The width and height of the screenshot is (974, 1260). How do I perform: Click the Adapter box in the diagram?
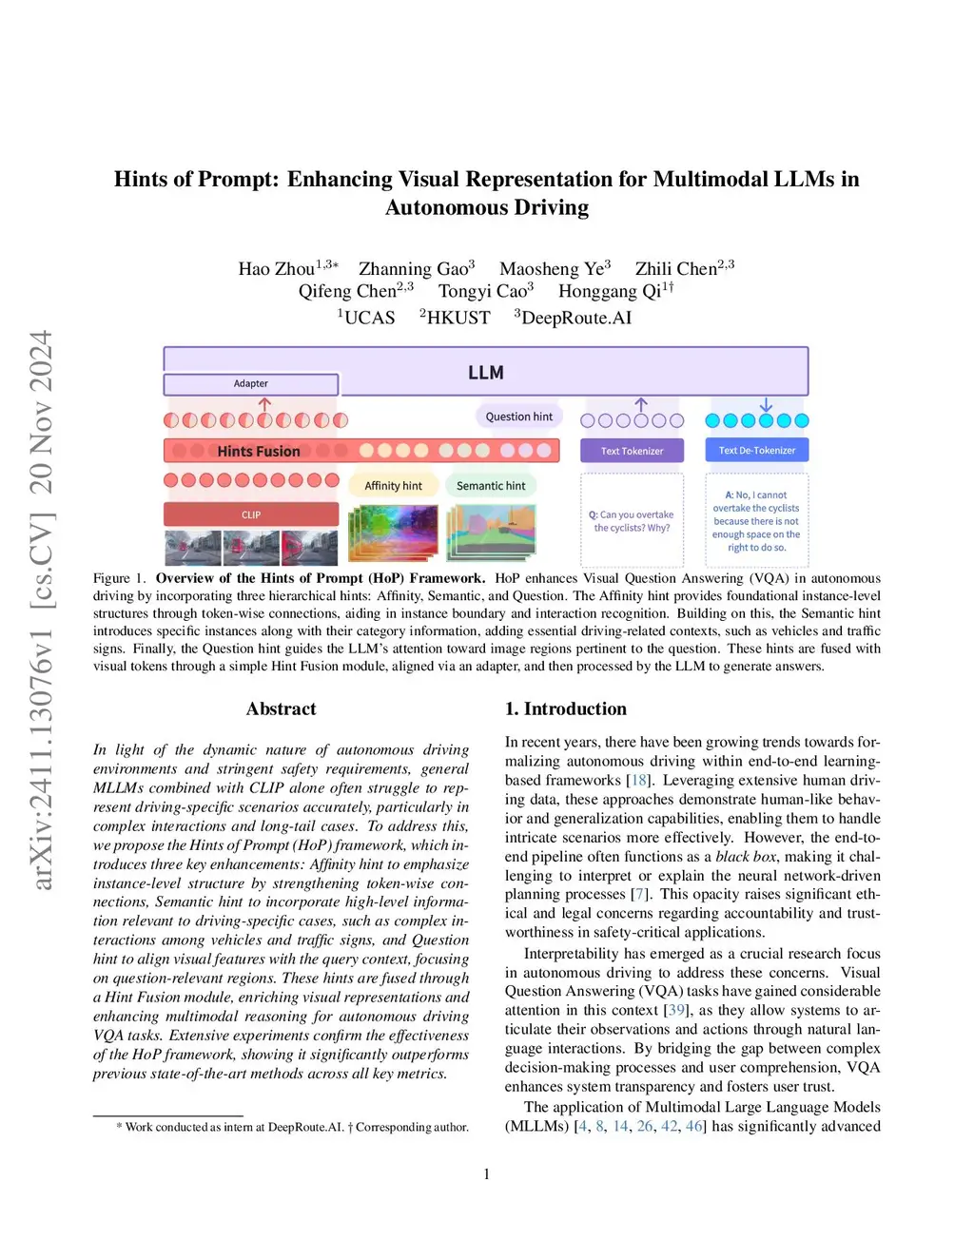pyautogui.click(x=251, y=384)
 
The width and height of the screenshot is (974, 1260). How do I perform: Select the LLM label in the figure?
pyautogui.click(x=486, y=373)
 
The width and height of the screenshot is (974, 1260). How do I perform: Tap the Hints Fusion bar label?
pyautogui.click(x=259, y=451)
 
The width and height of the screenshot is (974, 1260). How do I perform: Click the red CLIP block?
pyautogui.click(x=251, y=514)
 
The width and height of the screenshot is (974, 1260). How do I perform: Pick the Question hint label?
pyautogui.click(x=519, y=417)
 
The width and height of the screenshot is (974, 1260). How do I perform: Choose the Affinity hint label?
pyautogui.click(x=393, y=486)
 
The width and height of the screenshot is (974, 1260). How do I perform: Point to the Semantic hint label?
pyautogui.click(x=491, y=486)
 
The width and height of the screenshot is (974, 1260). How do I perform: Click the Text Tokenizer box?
pyautogui.click(x=633, y=451)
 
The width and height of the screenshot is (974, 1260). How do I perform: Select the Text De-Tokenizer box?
pyautogui.click(x=757, y=450)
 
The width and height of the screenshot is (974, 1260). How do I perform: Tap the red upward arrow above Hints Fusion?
pyautogui.click(x=265, y=405)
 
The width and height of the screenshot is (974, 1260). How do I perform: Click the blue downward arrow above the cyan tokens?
pyautogui.click(x=766, y=405)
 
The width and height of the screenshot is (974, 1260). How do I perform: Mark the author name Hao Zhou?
pyautogui.click(x=276, y=269)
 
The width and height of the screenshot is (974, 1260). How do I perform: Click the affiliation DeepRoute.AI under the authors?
pyautogui.click(x=575, y=318)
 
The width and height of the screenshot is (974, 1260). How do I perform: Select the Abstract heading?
pyautogui.click(x=281, y=708)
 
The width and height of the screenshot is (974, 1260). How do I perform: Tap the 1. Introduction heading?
pyautogui.click(x=565, y=708)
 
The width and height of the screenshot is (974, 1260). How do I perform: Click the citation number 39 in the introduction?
pyautogui.click(x=677, y=1010)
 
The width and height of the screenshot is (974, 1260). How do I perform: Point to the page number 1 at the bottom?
pyautogui.click(x=486, y=1174)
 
